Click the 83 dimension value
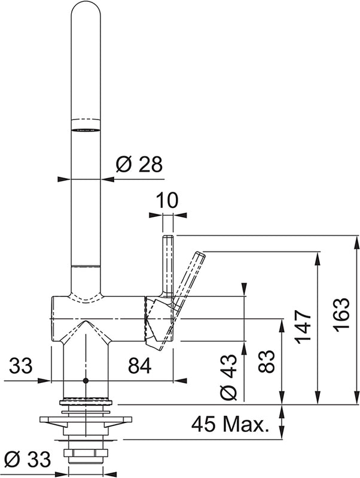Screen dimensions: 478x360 267,361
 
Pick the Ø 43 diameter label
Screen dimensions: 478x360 231,375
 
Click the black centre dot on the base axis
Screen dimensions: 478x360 86,380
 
